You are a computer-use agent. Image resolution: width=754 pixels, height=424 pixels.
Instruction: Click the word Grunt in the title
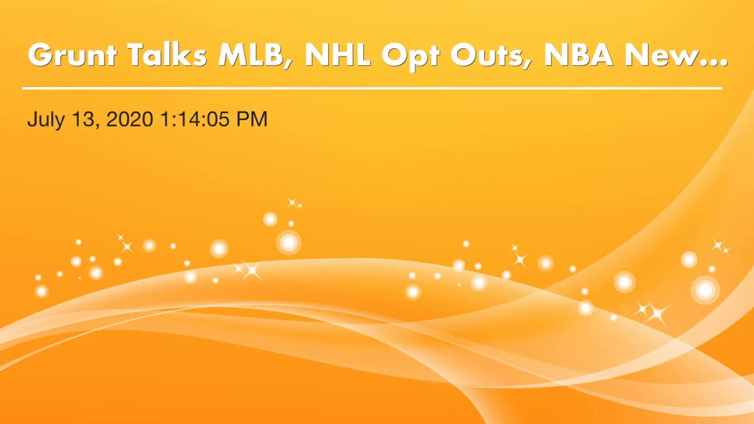(72, 55)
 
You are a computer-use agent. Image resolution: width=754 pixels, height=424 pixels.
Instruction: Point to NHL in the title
(337, 55)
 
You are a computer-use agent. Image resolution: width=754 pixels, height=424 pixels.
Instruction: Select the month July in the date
(47, 120)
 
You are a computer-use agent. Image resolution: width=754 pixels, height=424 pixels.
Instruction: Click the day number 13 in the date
(83, 119)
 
